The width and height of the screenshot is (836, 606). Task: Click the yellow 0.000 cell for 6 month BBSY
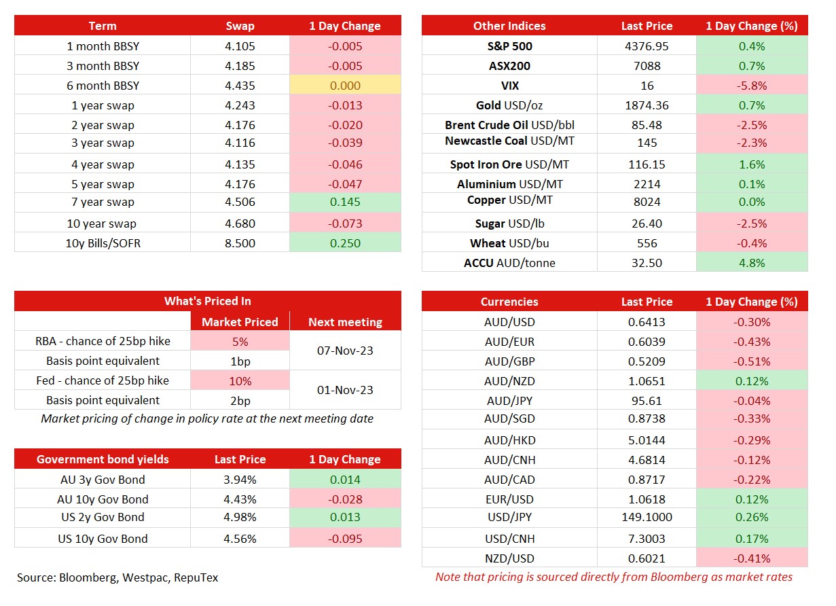345,86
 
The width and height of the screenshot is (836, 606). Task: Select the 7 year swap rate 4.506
240,202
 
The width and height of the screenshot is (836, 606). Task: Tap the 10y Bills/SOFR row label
103,243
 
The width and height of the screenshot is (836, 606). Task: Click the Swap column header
240,26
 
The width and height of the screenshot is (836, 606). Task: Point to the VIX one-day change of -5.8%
752,86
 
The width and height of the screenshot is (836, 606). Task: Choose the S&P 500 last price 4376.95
647,46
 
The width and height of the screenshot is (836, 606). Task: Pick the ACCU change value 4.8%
752,263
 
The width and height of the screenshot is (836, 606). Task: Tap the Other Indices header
509,26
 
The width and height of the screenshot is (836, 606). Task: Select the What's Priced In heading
208,301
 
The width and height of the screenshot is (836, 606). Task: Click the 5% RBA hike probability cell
240,342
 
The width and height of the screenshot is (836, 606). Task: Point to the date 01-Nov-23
345,390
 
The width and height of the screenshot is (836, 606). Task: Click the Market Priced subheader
240,322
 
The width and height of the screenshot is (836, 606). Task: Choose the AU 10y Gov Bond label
103,499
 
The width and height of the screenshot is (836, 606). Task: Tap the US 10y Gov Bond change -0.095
345,539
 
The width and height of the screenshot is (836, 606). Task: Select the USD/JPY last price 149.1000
647,517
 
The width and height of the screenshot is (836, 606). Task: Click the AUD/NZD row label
509,381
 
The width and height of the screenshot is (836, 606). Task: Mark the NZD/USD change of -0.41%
752,558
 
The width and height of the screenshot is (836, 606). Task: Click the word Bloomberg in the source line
88,577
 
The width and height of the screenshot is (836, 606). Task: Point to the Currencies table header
509,302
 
